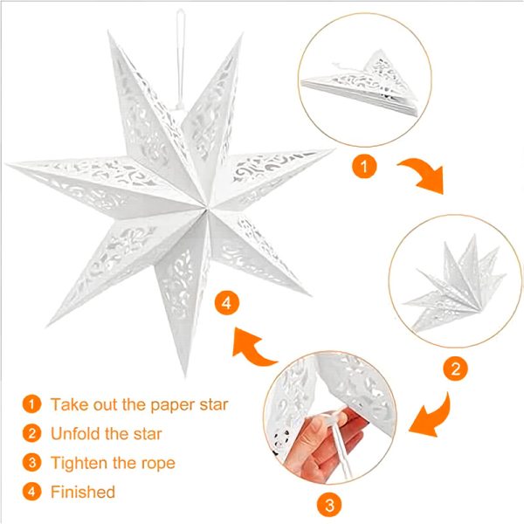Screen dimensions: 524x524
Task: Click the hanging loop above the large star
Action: [x=181, y=57]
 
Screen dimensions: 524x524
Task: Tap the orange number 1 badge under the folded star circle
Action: [x=364, y=166]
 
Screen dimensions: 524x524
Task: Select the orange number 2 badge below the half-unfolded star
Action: [x=456, y=369]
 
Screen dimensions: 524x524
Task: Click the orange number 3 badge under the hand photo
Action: [x=329, y=504]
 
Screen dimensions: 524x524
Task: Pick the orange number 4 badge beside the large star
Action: [x=227, y=303]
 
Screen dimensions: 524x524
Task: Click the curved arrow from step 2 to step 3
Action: [x=431, y=416]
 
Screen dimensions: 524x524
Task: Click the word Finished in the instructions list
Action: [x=83, y=492]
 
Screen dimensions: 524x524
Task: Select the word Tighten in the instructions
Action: [x=79, y=463]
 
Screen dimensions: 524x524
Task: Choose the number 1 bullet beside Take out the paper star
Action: [x=31, y=404]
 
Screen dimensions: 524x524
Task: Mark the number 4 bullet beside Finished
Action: [x=31, y=492]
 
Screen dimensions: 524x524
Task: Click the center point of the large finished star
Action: [x=206, y=209]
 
